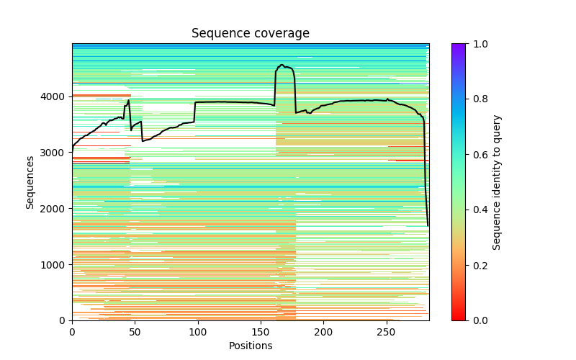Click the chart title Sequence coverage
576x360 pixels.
pyautogui.click(x=250, y=34)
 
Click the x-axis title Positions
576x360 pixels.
pyautogui.click(x=250, y=346)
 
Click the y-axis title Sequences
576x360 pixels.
pyautogui.click(x=30, y=182)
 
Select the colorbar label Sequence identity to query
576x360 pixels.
pyautogui.click(x=497, y=182)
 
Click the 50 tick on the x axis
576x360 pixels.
pyautogui.click(x=135, y=332)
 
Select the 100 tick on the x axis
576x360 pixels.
pyautogui.click(x=198, y=332)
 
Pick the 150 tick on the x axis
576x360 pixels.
pyautogui.click(x=261, y=332)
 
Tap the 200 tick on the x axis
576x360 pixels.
pyautogui.click(x=324, y=332)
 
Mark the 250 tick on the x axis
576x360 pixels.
pyautogui.click(x=387, y=332)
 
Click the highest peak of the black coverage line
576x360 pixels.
pyautogui.click(x=282, y=65)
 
